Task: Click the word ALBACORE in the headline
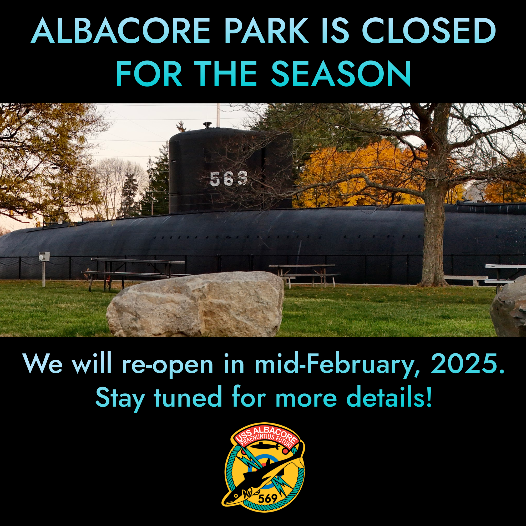tap(120, 31)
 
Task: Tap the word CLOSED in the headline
tap(429, 31)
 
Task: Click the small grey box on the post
tap(44, 256)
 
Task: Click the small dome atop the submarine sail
tap(208, 124)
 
